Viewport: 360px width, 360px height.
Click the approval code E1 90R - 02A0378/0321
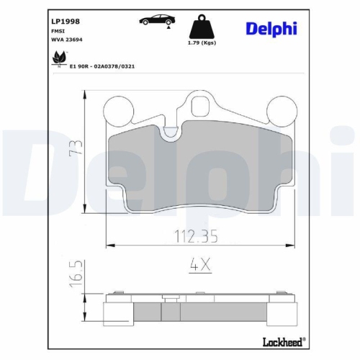102,66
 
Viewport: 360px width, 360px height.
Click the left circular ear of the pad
120,109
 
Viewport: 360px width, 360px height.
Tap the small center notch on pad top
169,131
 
